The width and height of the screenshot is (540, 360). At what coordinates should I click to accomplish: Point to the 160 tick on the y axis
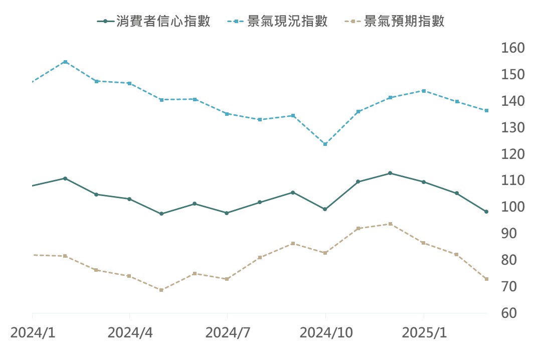tap(512, 48)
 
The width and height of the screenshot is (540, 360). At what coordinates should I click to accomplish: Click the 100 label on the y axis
tap(512, 207)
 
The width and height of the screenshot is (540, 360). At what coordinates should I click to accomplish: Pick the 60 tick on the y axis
tap(512, 313)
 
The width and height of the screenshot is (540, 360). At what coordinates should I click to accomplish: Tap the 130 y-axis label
tap(512, 128)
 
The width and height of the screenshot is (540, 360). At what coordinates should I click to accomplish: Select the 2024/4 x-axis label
tap(129, 333)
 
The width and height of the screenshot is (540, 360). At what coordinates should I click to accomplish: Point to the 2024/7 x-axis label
tap(227, 333)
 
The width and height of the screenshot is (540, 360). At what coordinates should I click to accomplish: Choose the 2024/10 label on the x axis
tap(325, 333)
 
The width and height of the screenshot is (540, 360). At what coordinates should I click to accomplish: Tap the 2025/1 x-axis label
tap(424, 333)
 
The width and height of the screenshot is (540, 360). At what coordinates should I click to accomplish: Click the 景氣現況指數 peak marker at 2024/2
tap(65, 62)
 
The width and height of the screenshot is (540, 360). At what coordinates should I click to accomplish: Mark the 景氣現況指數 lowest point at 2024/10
tap(325, 144)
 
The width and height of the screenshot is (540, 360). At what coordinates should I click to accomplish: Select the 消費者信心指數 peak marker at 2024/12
tap(391, 173)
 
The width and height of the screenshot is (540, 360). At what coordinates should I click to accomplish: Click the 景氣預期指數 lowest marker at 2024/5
tap(161, 290)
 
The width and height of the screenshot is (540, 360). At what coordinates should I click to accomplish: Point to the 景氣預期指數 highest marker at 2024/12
tap(391, 224)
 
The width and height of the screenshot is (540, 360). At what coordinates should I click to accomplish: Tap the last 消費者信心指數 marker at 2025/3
tap(486, 212)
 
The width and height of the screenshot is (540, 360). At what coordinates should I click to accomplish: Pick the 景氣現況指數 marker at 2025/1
tap(424, 91)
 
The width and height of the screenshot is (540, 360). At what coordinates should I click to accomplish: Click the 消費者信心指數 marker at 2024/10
tap(325, 209)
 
